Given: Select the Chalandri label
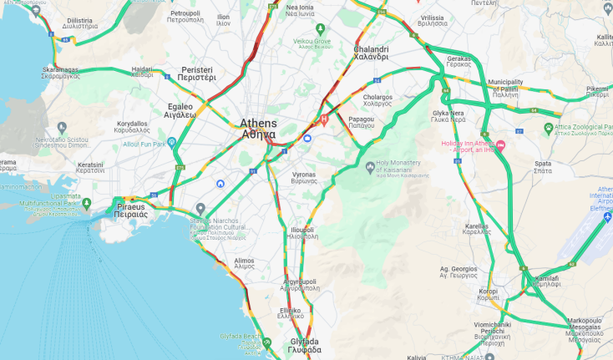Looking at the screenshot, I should point(370,53).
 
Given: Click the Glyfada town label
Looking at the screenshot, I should point(304,346).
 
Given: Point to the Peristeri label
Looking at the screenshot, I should point(197,72).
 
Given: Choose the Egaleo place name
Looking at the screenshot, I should point(180,110).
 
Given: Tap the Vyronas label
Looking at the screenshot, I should point(303,177).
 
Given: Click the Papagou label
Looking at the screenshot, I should point(361,124).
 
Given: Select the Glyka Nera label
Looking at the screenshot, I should point(448,116).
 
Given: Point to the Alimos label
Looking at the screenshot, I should point(245,261).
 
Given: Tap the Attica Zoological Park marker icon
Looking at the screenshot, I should point(548,128).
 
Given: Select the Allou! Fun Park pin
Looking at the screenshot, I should point(172,143).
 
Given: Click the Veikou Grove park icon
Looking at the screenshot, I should point(319,30).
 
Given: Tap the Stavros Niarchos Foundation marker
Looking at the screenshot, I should point(200,209).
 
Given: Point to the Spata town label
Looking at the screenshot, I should point(542,166).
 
